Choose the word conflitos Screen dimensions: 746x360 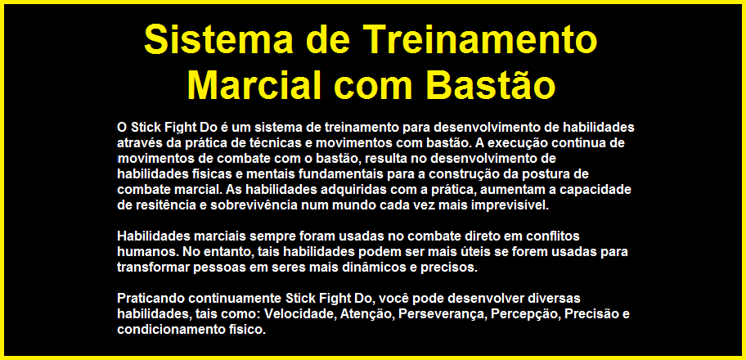(553, 236)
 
